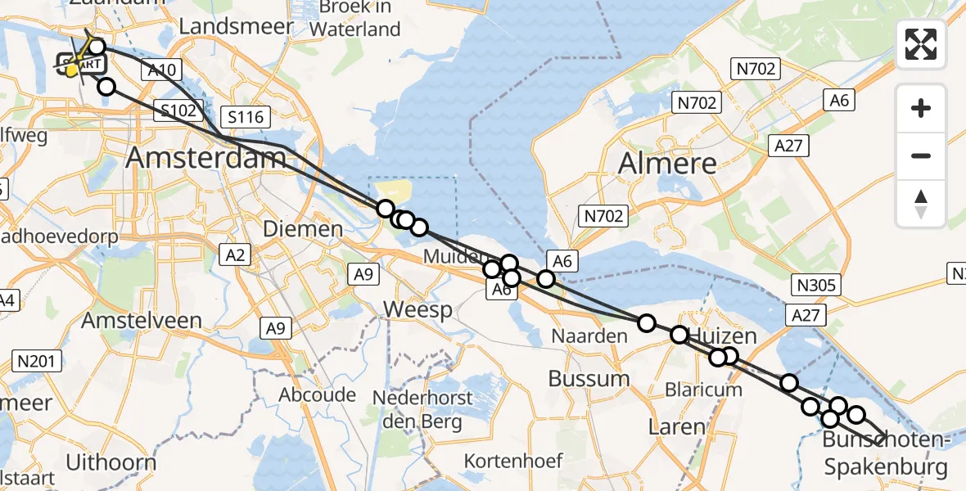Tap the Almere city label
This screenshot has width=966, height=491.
(x=667, y=163)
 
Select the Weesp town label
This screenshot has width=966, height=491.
(x=418, y=310)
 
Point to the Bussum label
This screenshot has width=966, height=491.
(x=589, y=378)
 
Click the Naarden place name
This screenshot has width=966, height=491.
(x=589, y=336)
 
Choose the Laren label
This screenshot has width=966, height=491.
(x=675, y=426)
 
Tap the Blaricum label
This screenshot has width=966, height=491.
(x=704, y=389)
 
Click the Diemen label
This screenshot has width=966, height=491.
(x=302, y=228)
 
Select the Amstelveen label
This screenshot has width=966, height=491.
(x=141, y=320)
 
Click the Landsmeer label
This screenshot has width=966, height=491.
(x=236, y=26)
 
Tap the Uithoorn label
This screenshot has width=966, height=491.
(x=111, y=462)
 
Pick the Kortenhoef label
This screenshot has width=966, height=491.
(x=513, y=460)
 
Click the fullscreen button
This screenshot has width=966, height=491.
(x=921, y=44)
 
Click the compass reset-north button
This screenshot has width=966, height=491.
(x=921, y=203)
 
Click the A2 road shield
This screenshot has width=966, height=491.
(x=236, y=255)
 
